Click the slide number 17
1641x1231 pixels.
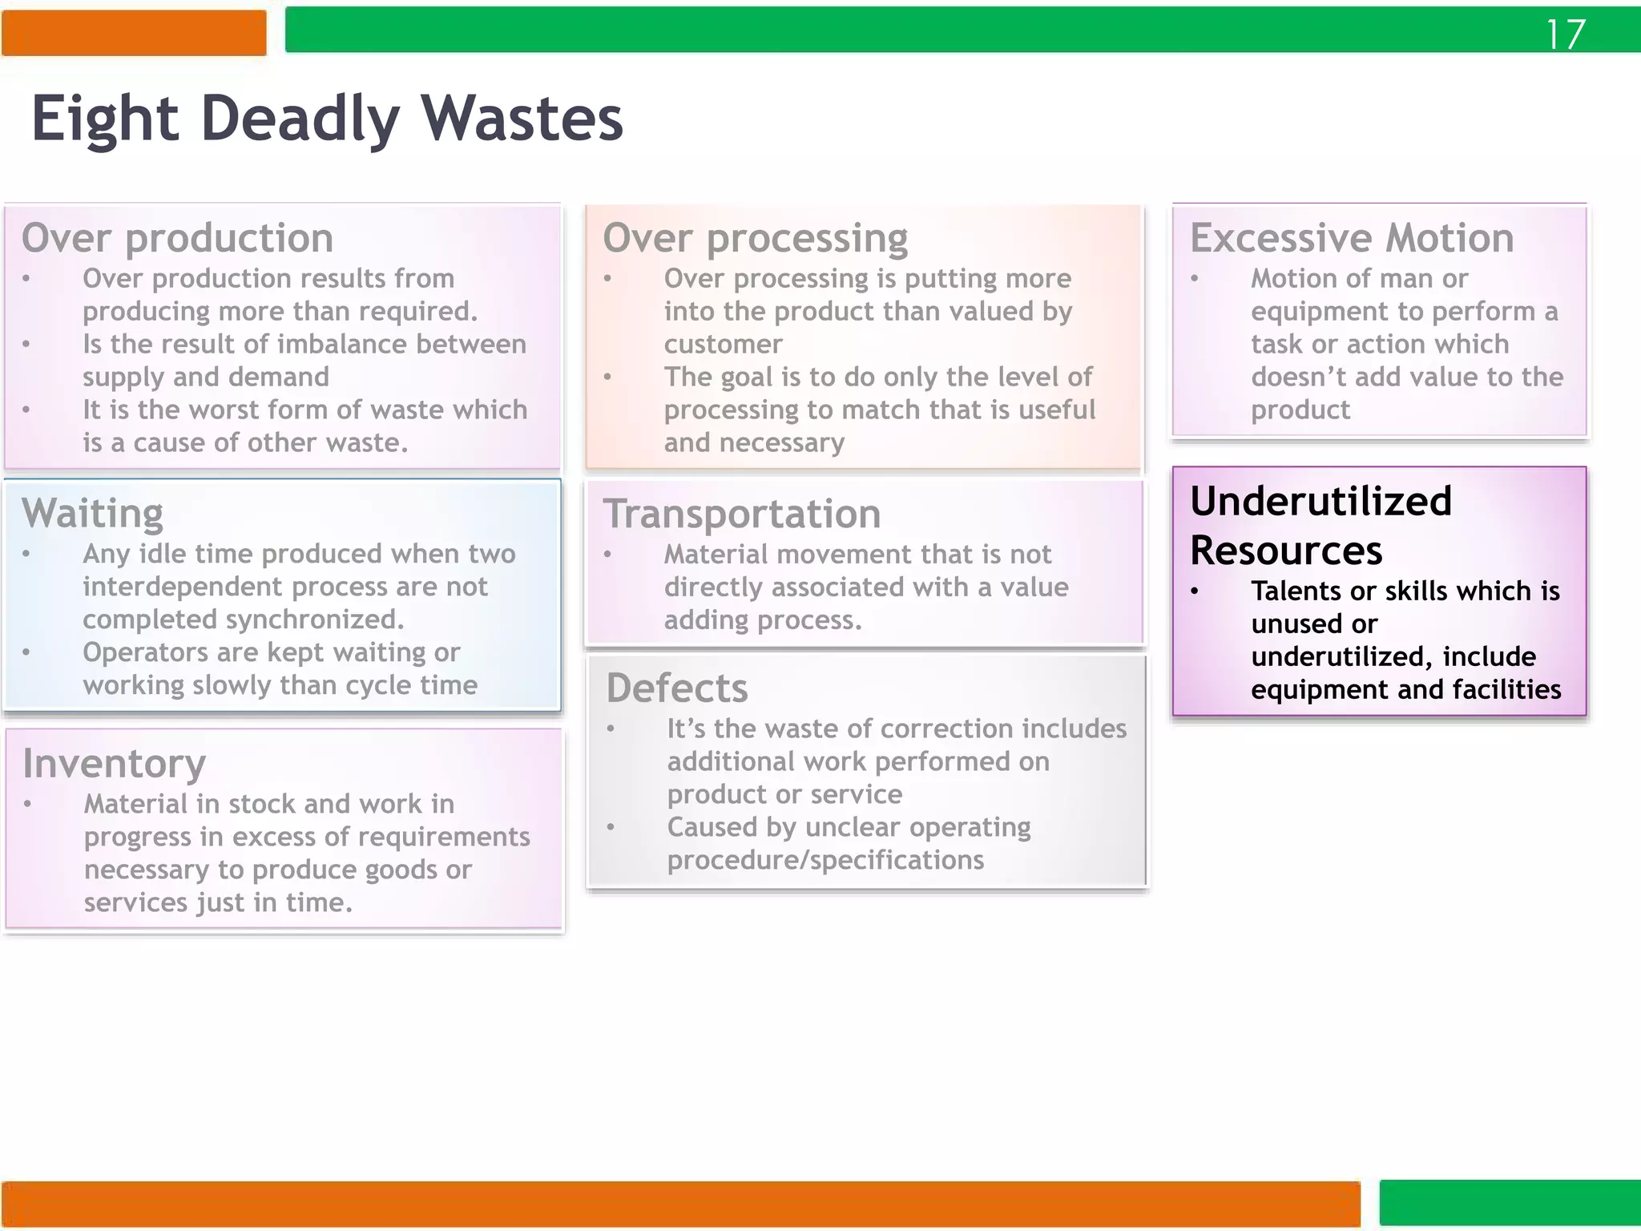[x=1565, y=34]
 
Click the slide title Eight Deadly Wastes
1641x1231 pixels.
[x=327, y=119]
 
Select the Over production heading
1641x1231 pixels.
[x=177, y=238]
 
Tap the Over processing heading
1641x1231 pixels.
[x=755, y=238]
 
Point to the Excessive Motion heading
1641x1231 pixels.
[x=1352, y=238]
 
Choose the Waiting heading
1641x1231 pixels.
[x=92, y=513]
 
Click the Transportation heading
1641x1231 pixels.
[x=741, y=514]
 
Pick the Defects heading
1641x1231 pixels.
[x=676, y=688]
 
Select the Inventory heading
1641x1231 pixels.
[x=114, y=763]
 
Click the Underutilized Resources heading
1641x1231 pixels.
[x=1320, y=526]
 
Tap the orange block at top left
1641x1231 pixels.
[x=134, y=33]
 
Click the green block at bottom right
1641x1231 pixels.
[x=1510, y=1203]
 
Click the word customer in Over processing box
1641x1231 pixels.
[x=723, y=345]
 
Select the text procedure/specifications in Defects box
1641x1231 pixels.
[x=825, y=860]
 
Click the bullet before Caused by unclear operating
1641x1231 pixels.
[x=611, y=827]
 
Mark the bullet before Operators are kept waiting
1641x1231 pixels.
[x=26, y=652]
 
